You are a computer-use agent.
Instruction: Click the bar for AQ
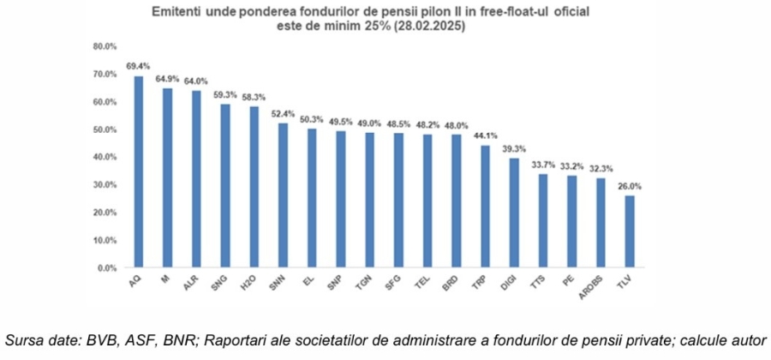point(138,171)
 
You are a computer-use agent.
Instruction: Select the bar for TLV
point(631,231)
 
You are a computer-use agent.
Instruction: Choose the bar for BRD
point(457,201)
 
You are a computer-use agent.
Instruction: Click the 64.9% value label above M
point(167,78)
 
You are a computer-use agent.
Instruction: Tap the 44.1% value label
point(486,135)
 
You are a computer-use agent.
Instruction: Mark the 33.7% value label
point(543,164)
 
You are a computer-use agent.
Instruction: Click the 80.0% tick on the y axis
point(105,46)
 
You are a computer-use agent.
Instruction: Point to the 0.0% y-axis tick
point(106,267)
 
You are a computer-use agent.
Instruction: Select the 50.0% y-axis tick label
point(105,129)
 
